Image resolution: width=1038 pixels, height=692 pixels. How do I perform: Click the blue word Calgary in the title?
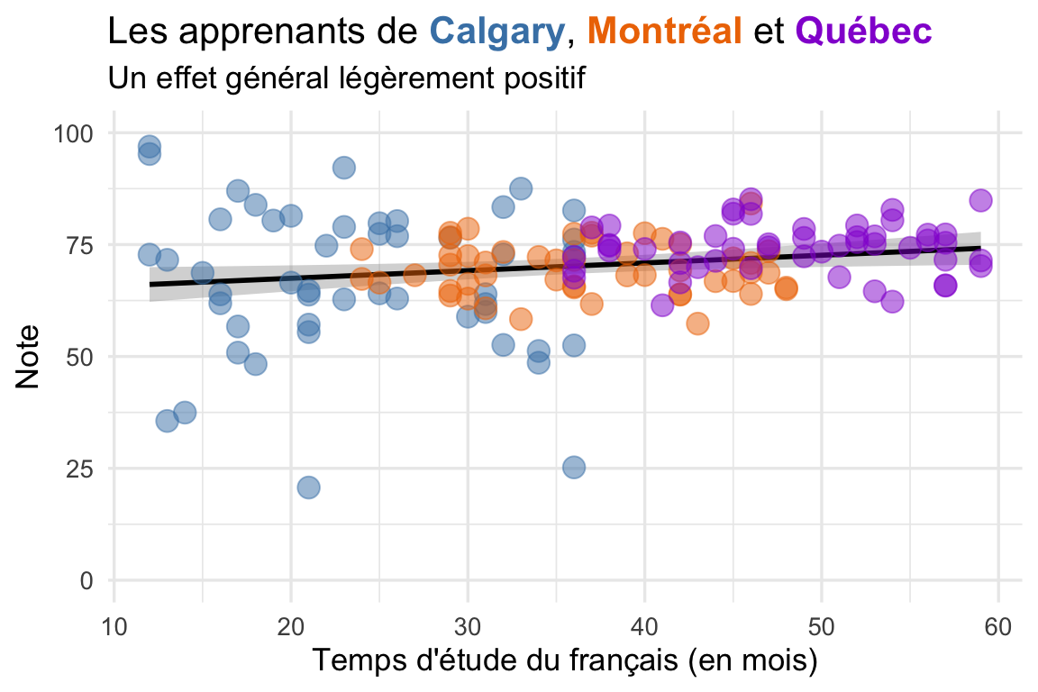[x=497, y=32]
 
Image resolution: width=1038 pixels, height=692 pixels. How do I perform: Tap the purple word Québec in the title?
[x=863, y=32]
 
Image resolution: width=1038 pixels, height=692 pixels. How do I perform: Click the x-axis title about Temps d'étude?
[x=565, y=662]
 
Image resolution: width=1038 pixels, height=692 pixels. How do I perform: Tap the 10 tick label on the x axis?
[x=114, y=624]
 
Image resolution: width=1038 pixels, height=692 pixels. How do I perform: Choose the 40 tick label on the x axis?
[x=644, y=624]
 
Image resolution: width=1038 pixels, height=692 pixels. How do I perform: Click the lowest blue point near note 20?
[x=308, y=487]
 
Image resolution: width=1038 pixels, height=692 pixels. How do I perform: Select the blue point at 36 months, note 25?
[x=574, y=468]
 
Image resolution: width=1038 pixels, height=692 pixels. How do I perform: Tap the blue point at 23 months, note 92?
[x=343, y=168]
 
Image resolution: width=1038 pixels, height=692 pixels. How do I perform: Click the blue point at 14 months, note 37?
[x=185, y=413]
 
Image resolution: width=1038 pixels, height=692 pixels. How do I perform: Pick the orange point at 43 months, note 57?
[x=697, y=323]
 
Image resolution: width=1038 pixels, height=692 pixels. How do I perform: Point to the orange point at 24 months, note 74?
[x=361, y=249]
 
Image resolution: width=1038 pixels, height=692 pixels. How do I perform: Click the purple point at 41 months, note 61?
[x=662, y=305]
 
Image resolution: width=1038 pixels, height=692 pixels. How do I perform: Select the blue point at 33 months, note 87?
[x=521, y=188]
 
